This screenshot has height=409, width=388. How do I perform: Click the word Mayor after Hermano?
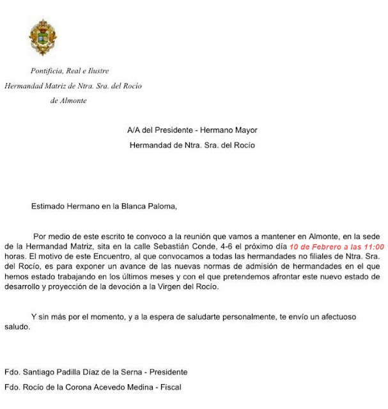point(244,130)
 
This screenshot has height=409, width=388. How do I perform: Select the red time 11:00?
point(371,246)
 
